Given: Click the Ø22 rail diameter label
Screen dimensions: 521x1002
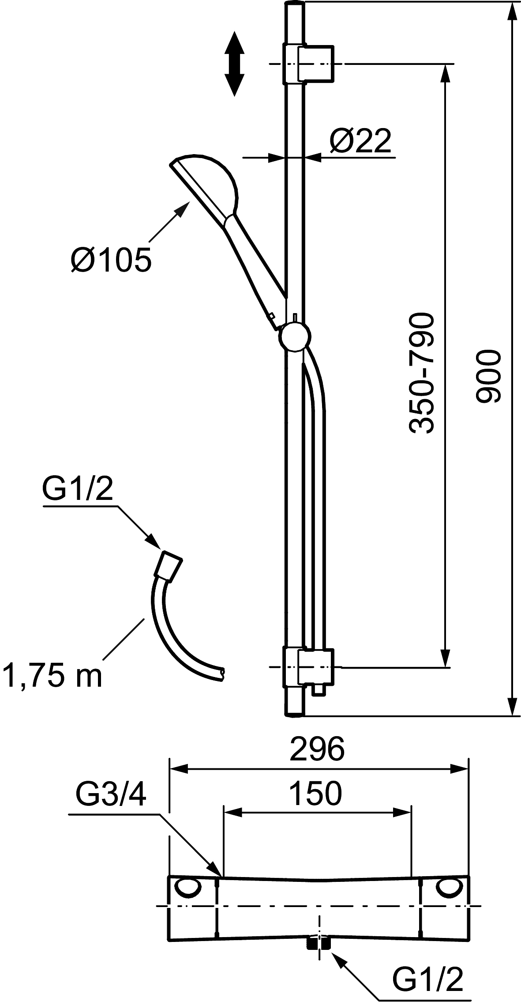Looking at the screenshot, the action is (360, 141).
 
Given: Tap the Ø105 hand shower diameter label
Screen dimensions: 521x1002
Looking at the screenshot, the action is (111, 260).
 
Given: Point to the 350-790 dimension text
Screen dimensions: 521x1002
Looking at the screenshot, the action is (421, 373).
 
